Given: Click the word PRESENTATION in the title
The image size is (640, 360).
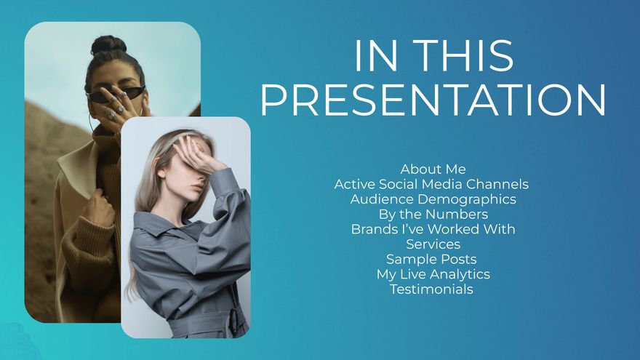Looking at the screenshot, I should [x=433, y=100].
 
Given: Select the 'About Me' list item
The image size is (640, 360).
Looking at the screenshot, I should [x=433, y=169].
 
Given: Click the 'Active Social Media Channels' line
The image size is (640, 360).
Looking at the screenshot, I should [x=431, y=184].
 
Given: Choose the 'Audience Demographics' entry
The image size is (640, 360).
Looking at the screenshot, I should [x=433, y=199].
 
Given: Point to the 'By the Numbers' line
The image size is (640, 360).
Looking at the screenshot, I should [x=433, y=215].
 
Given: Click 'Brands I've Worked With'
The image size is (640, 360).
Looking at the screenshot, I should [x=433, y=229].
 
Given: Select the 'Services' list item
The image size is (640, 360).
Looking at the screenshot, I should [x=433, y=244].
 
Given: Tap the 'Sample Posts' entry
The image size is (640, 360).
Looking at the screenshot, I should [x=431, y=259].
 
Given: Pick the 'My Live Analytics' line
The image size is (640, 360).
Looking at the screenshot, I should [x=433, y=274].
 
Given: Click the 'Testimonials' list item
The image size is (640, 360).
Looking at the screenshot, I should [x=431, y=289].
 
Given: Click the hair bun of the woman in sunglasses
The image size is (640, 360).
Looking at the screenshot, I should [x=108, y=45].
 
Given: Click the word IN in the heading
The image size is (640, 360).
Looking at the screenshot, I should [x=376, y=56].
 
